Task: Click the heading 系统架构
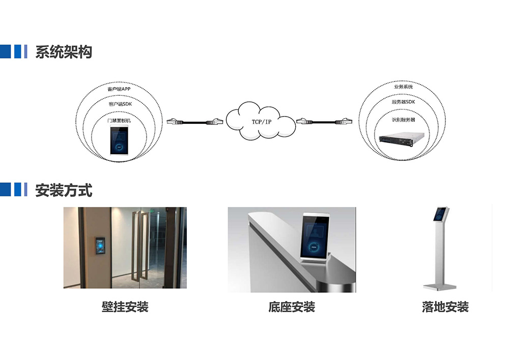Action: coord(64,52)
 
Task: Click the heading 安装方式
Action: coord(64,190)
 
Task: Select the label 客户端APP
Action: coord(119,89)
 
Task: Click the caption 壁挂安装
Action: coord(125,307)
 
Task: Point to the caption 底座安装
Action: coord(291,307)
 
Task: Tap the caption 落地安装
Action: coord(445,307)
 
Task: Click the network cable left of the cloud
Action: coord(195,122)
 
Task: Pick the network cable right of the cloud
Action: coord(324,121)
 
